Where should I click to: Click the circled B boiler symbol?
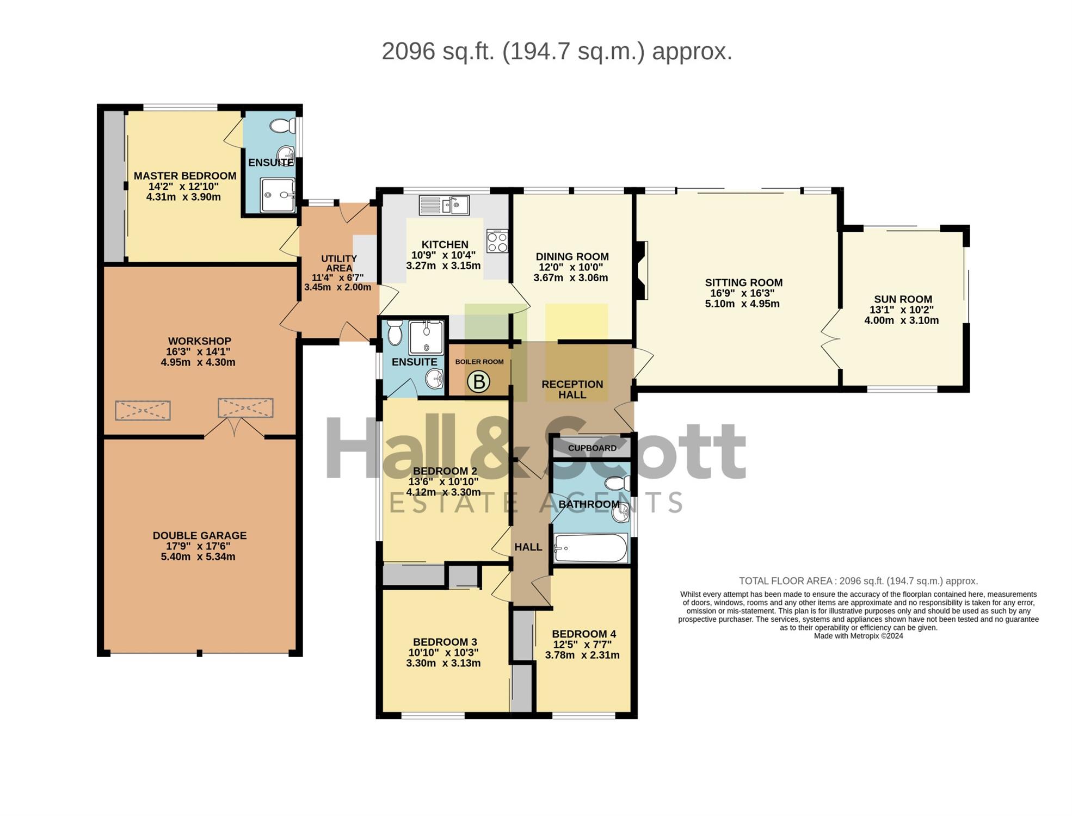479,382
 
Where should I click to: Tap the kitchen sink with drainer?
444,205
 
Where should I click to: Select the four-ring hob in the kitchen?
497,241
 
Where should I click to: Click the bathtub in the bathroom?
590,548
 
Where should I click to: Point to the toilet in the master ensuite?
282,126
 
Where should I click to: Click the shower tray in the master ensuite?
278,195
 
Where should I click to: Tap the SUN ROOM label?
903,299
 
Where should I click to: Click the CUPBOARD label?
592,448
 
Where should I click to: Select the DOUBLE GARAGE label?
200,536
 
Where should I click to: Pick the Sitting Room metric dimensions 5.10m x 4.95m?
742,304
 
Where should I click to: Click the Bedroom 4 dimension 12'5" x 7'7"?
583,645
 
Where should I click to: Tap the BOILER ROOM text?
479,362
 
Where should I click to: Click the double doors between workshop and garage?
235,428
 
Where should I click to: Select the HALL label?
528,547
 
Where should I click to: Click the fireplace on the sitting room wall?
641,270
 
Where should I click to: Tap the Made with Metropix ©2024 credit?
858,636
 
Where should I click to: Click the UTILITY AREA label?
338,263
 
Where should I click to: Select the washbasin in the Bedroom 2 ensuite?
435,378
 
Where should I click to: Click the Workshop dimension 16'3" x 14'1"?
199,351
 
